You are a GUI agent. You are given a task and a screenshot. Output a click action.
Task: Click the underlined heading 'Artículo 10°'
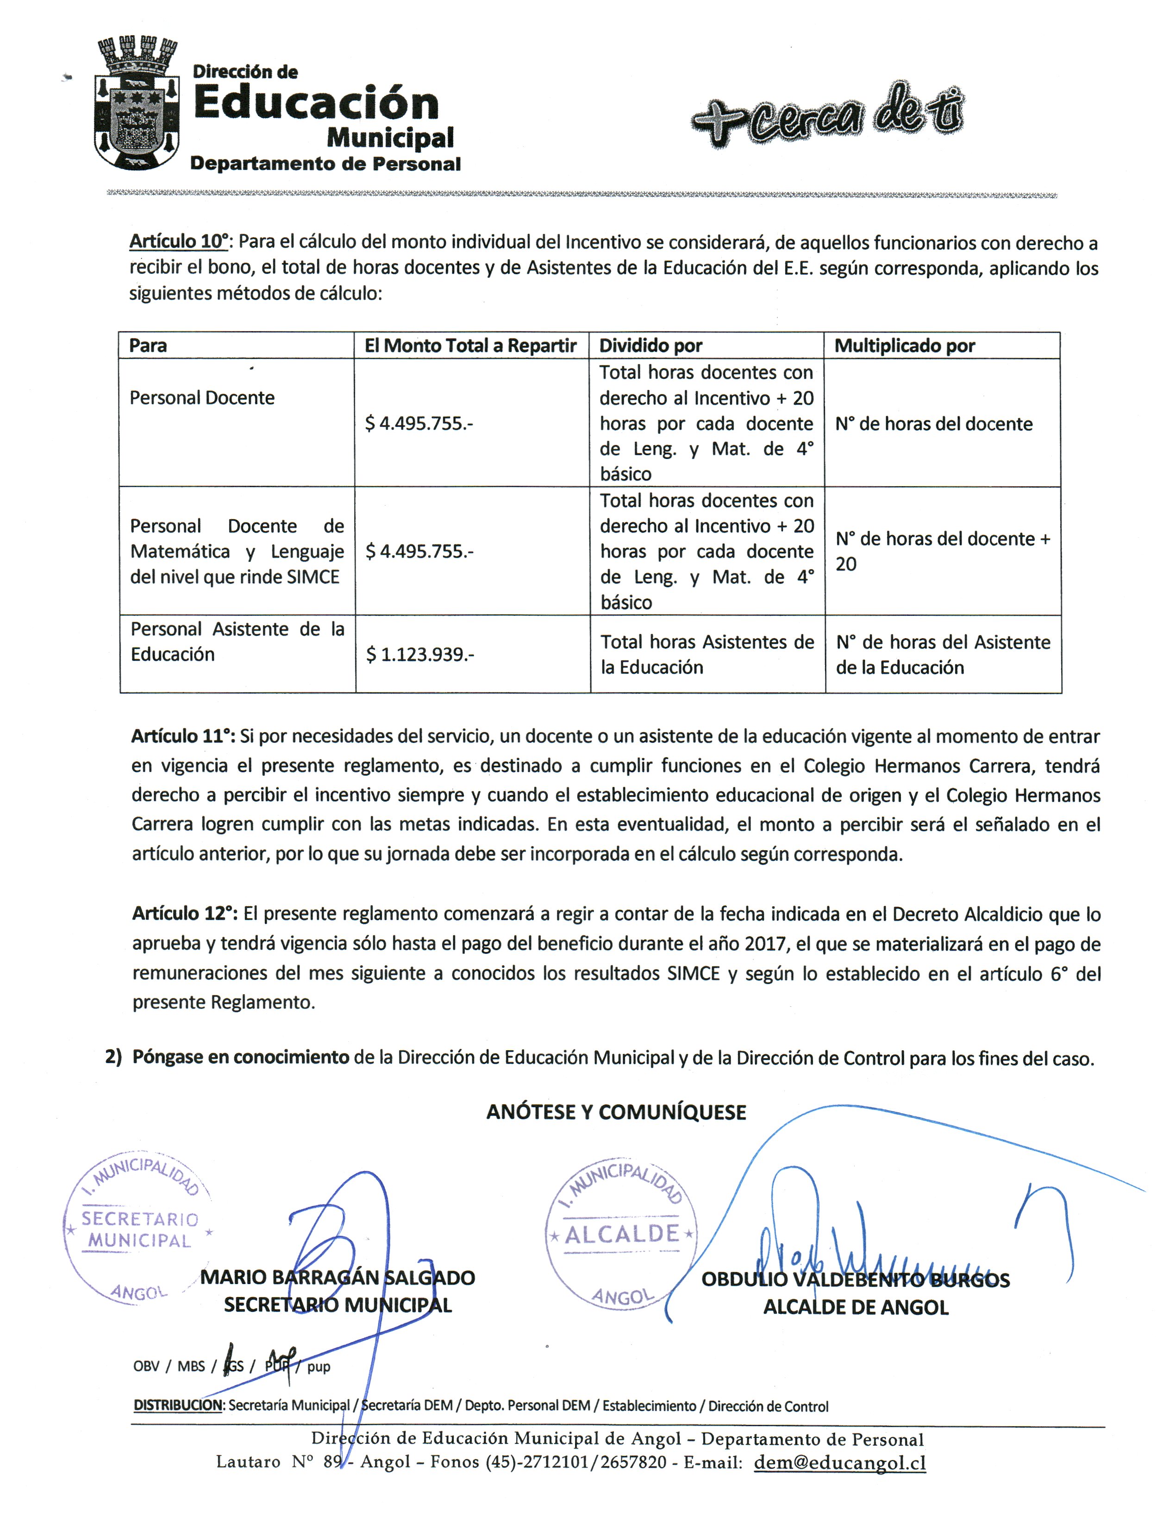(179, 242)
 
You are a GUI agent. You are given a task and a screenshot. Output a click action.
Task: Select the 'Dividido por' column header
(650, 345)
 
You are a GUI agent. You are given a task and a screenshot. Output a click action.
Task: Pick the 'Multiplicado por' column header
(905, 345)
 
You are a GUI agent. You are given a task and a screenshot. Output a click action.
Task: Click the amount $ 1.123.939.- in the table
(420, 654)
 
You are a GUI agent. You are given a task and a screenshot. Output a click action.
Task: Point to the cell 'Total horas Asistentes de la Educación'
(706, 654)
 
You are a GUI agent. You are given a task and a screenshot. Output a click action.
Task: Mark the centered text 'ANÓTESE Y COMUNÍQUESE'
(616, 1112)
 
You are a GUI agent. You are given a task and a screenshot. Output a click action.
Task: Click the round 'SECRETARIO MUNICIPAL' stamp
(138, 1229)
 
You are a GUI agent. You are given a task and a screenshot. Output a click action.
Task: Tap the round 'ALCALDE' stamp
(621, 1235)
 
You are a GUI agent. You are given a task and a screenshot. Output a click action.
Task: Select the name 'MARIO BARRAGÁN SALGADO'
(338, 1277)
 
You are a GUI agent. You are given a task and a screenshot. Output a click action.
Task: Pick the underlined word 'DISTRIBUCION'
(178, 1405)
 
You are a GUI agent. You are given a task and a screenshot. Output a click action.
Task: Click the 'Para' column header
(148, 345)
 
